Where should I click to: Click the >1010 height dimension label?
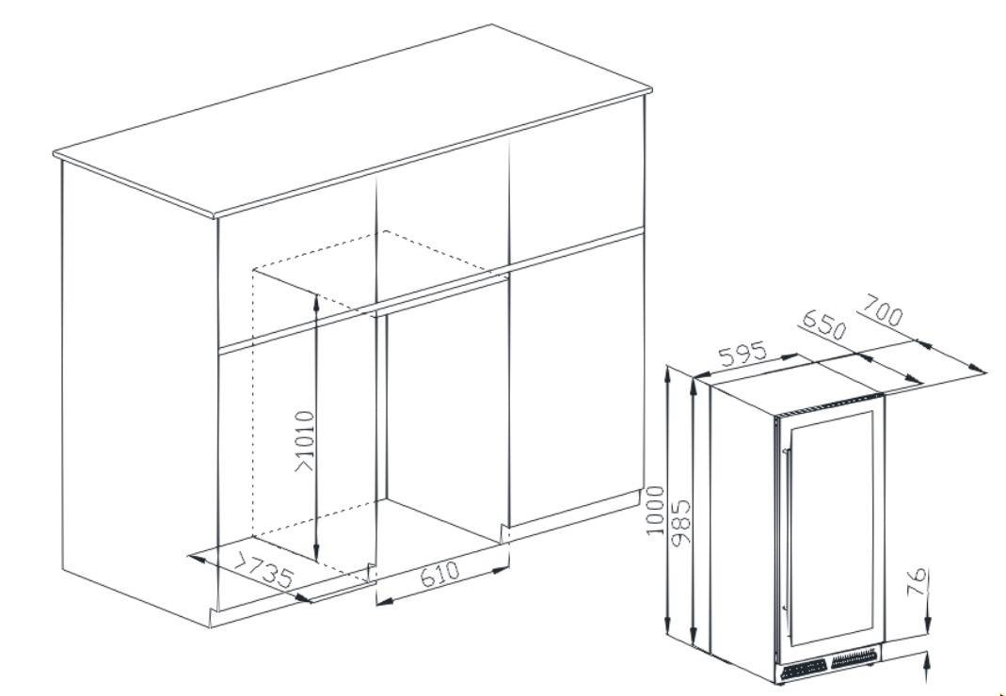tap(305, 441)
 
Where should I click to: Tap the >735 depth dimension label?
tap(263, 570)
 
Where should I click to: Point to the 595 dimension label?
tap(743, 354)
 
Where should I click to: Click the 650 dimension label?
tap(824, 325)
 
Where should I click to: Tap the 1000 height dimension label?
tap(654, 511)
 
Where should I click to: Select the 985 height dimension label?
tap(680, 522)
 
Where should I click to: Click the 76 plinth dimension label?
tap(918, 581)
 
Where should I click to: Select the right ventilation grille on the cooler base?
tap(854, 657)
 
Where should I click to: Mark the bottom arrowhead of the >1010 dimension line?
tap(315, 553)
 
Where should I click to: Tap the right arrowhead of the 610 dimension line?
tap(501, 569)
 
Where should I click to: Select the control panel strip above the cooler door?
tap(827, 406)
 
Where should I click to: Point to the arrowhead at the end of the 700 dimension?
tap(979, 369)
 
